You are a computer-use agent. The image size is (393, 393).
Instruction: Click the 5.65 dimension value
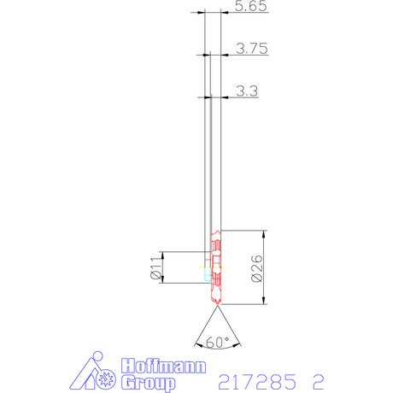pos(251,6)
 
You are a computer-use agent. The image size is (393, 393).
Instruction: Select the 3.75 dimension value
pos(252,49)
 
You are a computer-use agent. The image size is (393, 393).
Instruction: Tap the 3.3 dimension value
pos(247,91)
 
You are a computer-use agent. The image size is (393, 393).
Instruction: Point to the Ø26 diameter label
pos(257,268)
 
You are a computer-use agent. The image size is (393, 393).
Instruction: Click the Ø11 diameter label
pos(155,267)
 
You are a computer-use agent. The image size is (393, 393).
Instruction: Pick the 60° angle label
pos(218,342)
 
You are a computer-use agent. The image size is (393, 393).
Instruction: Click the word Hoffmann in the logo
pos(163,367)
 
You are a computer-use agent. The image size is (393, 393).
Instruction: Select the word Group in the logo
pos(148,383)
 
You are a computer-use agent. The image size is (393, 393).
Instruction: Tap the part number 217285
pos(257,382)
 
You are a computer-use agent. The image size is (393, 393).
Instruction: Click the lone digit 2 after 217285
pos(319,382)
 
